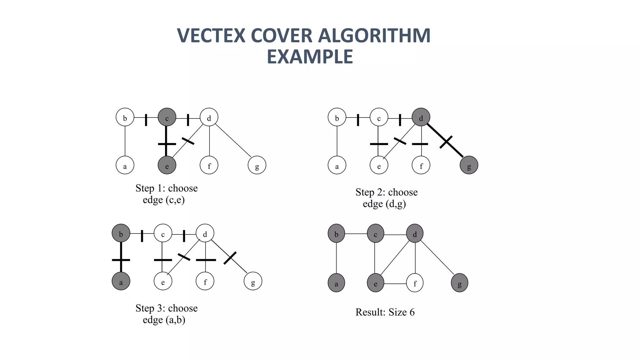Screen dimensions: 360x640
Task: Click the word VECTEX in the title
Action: click(x=211, y=36)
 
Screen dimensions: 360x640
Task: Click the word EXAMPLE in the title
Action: click(x=310, y=57)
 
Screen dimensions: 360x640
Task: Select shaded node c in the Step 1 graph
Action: click(x=167, y=117)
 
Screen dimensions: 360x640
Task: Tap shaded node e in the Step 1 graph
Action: click(x=167, y=165)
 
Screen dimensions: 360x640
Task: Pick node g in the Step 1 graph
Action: click(x=257, y=165)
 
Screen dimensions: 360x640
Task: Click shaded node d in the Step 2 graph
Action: click(x=421, y=117)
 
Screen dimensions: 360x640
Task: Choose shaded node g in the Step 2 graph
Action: click(x=469, y=165)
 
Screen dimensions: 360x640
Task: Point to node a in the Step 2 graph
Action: click(x=337, y=165)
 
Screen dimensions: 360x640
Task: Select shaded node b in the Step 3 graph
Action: click(x=121, y=233)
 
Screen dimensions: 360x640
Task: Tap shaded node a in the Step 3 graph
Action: click(x=121, y=281)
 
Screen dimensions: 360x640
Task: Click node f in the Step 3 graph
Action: click(x=205, y=281)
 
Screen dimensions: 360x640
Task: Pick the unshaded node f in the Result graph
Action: click(x=415, y=283)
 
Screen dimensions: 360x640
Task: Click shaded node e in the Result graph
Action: click(x=375, y=283)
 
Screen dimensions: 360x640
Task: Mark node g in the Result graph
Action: click(x=459, y=283)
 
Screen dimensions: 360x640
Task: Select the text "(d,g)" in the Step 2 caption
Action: click(x=396, y=204)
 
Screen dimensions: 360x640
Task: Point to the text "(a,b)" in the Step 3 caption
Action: click(x=177, y=320)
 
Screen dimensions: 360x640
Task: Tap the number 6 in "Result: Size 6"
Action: click(x=412, y=312)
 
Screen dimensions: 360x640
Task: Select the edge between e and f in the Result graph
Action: click(x=395, y=284)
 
